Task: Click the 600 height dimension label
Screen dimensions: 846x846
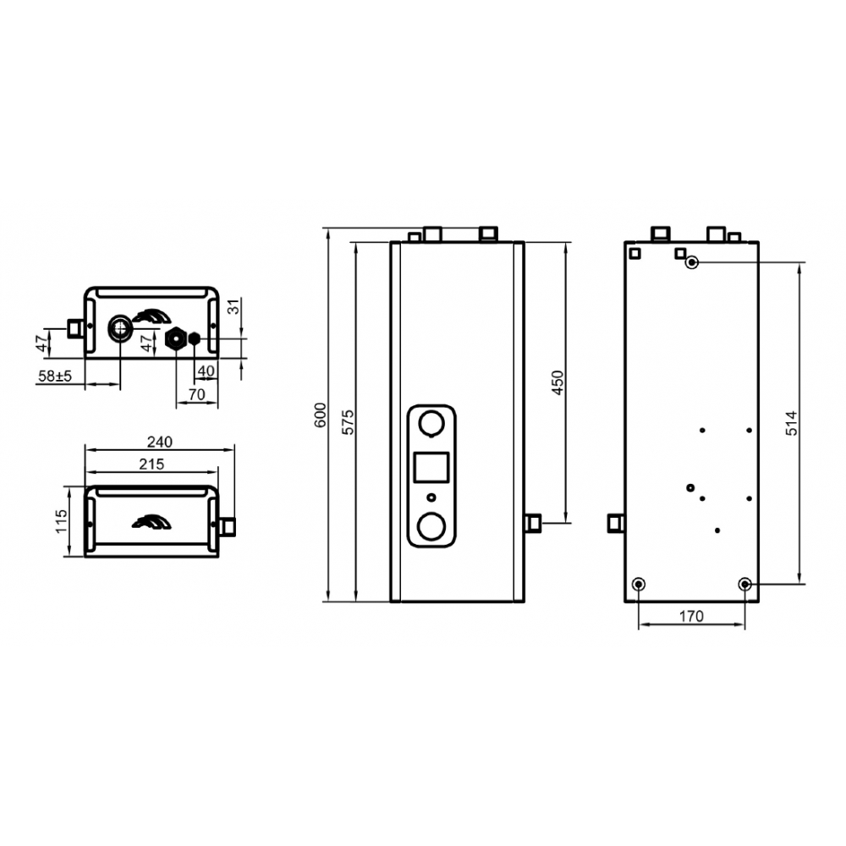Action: click(x=320, y=415)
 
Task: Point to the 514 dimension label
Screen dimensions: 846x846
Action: click(x=791, y=422)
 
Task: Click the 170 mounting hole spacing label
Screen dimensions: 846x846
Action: click(x=691, y=617)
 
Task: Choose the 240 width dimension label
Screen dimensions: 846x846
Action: click(x=160, y=442)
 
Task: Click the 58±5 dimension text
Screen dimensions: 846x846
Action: click(x=54, y=376)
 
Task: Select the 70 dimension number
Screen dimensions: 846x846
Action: click(x=196, y=394)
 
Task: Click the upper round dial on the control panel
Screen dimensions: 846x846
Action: click(x=433, y=423)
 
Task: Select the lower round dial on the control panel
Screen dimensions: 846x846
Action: click(x=433, y=526)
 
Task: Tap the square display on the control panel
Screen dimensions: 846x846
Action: click(x=432, y=468)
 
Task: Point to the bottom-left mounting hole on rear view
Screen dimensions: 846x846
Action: click(x=639, y=584)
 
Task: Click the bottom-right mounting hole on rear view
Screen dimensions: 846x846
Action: click(x=744, y=584)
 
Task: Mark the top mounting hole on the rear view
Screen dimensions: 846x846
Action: click(x=693, y=262)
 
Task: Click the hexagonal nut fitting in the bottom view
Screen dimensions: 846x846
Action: click(x=176, y=339)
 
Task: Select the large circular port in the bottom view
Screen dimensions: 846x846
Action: click(x=119, y=327)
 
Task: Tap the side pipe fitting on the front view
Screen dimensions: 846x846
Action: click(x=533, y=523)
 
